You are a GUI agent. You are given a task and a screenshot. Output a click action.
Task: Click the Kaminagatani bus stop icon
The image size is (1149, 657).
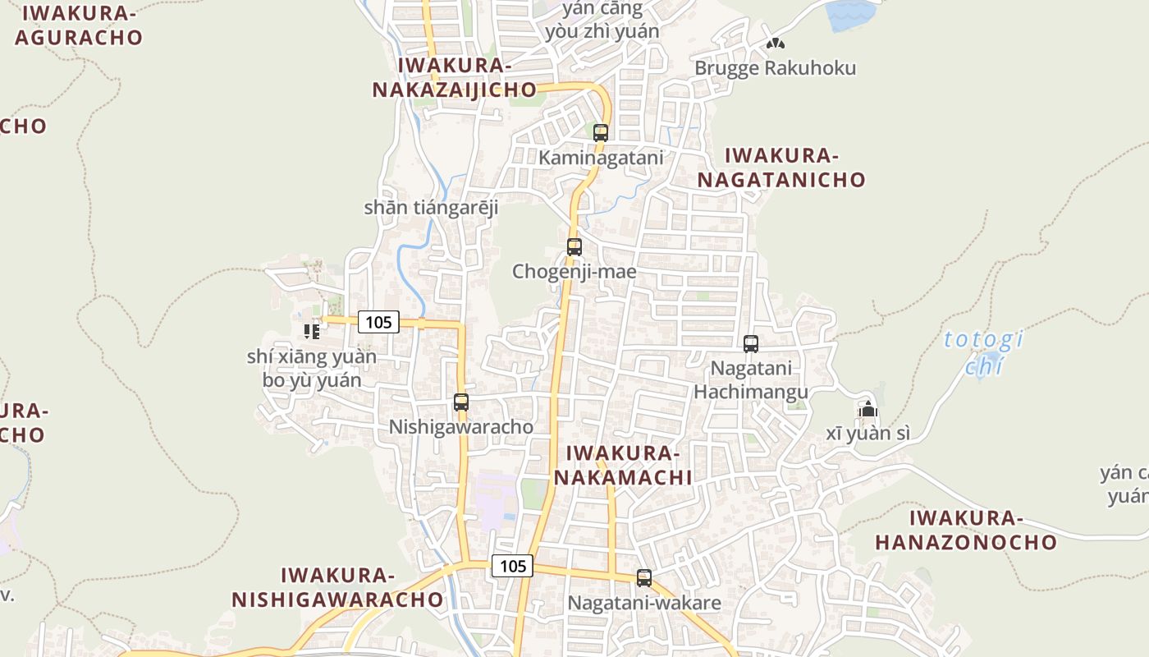point(601,132)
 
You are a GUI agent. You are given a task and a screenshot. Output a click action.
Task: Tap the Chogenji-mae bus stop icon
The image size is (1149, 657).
point(574,246)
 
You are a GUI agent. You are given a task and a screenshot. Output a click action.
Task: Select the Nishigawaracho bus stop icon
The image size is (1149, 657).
point(461,402)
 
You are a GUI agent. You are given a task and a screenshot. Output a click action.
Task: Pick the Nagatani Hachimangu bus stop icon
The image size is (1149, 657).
point(751,344)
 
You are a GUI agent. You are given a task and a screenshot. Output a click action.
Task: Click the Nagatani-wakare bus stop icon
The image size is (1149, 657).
point(644,578)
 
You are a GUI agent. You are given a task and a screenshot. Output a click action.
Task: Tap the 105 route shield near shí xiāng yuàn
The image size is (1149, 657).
point(378,322)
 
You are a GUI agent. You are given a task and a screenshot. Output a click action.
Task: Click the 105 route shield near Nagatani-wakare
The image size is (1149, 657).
point(513,566)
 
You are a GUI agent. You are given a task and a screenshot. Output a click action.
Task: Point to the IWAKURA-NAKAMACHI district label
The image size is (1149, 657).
point(622,465)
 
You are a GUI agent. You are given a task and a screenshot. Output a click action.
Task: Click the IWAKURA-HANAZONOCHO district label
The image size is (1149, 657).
point(966,530)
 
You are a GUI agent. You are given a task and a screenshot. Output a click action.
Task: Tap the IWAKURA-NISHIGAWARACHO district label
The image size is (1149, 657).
point(337,587)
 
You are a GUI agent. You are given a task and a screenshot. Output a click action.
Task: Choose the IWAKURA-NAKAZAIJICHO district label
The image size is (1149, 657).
point(455,78)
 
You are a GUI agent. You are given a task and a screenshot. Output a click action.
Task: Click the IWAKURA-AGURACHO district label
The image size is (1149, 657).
point(79,25)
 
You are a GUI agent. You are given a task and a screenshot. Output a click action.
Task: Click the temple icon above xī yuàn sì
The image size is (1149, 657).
point(868,409)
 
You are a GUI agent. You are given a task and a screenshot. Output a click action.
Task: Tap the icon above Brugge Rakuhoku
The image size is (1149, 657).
point(775,43)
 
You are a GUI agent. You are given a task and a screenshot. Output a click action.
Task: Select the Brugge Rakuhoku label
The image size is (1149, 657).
point(775,68)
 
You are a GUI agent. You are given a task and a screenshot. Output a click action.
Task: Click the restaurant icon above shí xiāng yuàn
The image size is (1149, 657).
point(312,331)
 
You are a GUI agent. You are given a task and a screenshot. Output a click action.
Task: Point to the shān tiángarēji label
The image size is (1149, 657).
point(431,208)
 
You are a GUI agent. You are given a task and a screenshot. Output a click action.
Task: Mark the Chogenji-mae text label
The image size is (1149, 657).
point(574,271)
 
